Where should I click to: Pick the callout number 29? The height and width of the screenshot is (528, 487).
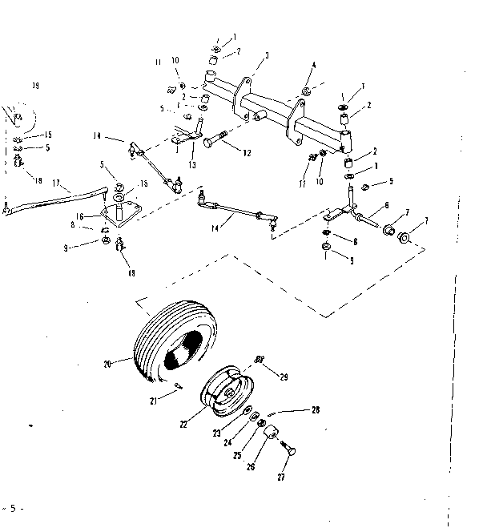pos(282,376)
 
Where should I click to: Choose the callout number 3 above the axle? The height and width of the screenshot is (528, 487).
pos(266,55)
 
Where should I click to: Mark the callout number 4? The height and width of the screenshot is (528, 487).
pos(314,65)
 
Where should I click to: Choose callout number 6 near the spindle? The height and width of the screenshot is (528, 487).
pos(387,205)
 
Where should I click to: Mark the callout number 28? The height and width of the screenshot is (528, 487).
pos(316,410)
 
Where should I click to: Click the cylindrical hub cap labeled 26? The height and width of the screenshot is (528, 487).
pos(271,434)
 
